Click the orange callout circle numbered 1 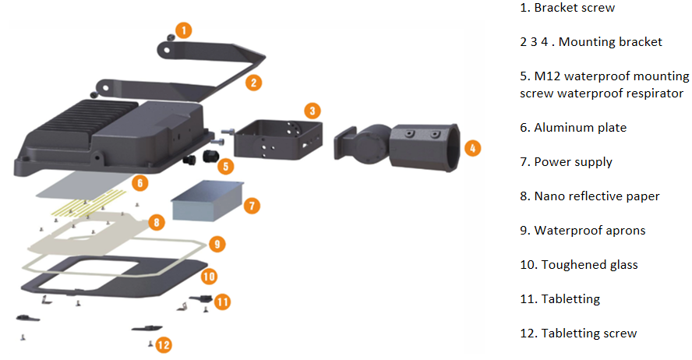[x=184, y=30]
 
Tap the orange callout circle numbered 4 [x=472, y=148]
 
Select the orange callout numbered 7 [x=252, y=206]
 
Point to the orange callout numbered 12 [x=164, y=345]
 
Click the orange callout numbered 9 [x=217, y=244]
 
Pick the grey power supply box [x=207, y=201]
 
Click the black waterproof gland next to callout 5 [x=209, y=156]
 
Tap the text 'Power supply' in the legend [x=574, y=162]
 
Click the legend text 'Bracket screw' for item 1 [x=574, y=8]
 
